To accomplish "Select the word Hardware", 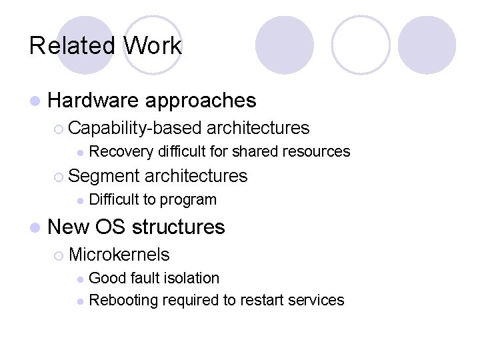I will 93,101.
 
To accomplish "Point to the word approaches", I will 200,101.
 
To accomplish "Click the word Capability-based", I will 135,128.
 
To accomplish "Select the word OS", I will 111,227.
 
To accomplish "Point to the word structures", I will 178,227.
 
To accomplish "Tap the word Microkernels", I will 119,255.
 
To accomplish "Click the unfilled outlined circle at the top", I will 361,45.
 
